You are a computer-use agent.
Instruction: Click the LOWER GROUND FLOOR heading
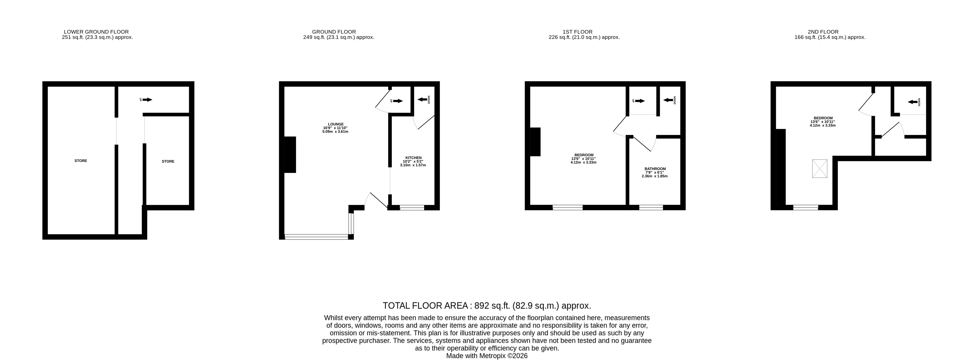click(96, 32)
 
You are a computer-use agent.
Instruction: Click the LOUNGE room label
click(335, 124)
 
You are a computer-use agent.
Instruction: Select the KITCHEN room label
click(413, 158)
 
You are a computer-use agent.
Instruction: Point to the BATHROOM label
click(655, 169)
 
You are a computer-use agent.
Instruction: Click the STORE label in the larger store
click(81, 161)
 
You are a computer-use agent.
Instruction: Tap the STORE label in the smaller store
click(168, 161)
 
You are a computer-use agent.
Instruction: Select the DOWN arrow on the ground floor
click(422, 100)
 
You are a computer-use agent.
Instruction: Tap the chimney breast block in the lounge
click(290, 155)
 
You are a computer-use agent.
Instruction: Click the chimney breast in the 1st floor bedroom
click(535, 142)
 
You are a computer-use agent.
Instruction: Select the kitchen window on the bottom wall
click(412, 207)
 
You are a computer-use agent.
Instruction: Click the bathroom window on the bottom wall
click(651, 207)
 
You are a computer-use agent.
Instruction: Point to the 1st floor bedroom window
click(567, 207)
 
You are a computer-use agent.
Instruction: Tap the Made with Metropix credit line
click(487, 356)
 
